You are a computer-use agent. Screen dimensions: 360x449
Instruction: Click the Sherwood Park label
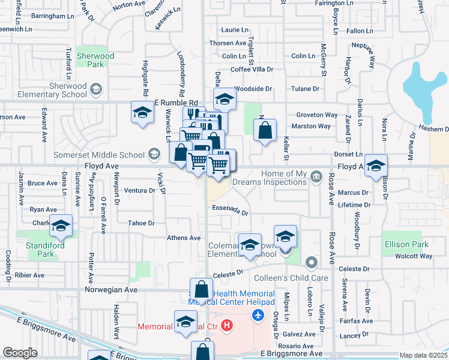click(95, 60)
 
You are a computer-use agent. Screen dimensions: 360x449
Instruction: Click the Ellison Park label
click(406, 244)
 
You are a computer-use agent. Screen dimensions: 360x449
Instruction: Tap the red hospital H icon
click(227, 326)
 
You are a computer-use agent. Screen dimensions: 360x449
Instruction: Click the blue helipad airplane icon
click(259, 315)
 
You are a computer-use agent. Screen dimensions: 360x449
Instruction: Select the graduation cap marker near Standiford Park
click(61, 226)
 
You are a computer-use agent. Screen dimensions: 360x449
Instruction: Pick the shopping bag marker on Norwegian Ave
click(202, 290)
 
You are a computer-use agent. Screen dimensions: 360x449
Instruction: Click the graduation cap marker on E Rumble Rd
click(143, 112)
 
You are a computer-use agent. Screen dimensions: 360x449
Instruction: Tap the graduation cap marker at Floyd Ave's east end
click(376, 166)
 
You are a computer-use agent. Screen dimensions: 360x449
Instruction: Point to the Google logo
click(20, 353)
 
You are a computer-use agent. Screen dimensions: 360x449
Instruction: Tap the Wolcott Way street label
click(414, 256)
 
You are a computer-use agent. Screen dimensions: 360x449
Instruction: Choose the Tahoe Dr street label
click(142, 223)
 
